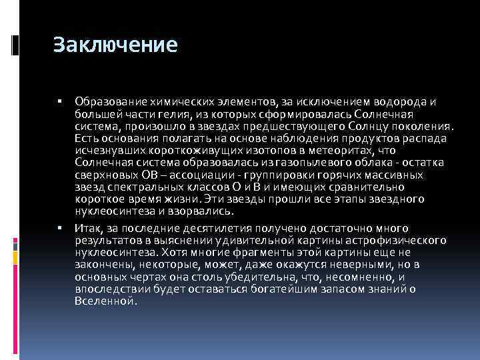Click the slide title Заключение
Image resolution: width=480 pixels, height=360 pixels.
tap(115, 45)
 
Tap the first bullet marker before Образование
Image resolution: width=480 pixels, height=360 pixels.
tap(60, 101)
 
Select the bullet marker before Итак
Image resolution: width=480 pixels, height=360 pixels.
tap(60, 228)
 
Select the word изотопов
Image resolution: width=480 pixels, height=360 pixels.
tap(257, 150)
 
